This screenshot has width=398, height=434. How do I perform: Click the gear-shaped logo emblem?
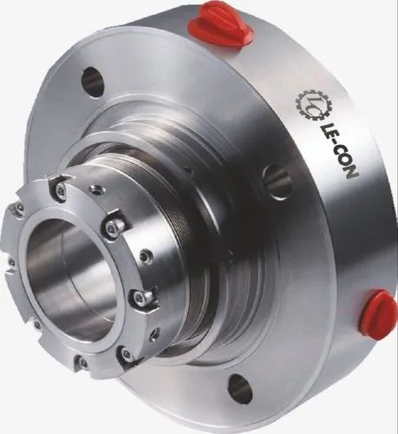coord(309,103)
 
